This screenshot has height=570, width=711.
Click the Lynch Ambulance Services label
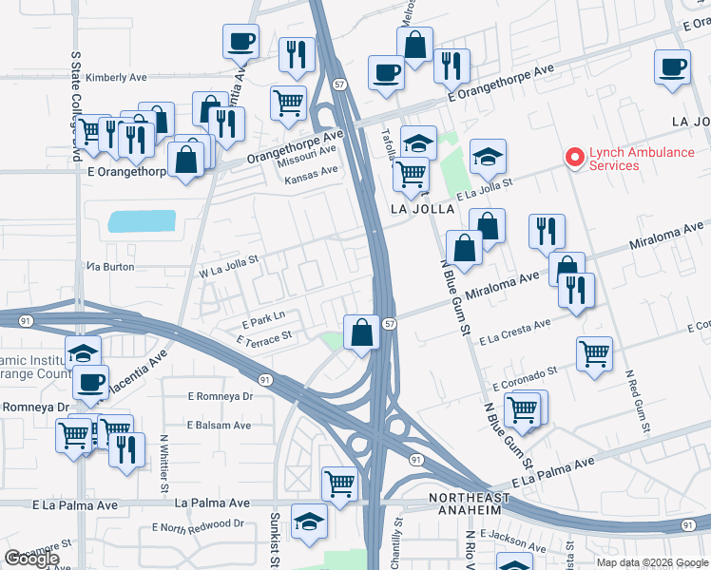click(x=641, y=159)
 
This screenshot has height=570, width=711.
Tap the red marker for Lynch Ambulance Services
click(x=573, y=158)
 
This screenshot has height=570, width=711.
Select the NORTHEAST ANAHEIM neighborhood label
click(x=477, y=505)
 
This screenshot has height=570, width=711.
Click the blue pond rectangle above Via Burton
click(x=142, y=221)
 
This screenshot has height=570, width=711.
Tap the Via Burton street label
click(x=109, y=267)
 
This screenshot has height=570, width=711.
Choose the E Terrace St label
click(x=263, y=337)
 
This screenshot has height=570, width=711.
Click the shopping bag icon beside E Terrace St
click(x=361, y=332)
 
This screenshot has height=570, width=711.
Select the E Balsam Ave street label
click(x=219, y=426)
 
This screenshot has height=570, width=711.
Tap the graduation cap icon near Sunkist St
click(x=309, y=522)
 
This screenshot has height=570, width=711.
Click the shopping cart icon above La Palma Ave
click(x=339, y=484)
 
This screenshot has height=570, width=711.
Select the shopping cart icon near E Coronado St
click(x=594, y=354)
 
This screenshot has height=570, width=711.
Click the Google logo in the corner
click(x=31, y=559)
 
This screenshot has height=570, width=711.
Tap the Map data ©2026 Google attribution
click(x=651, y=562)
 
